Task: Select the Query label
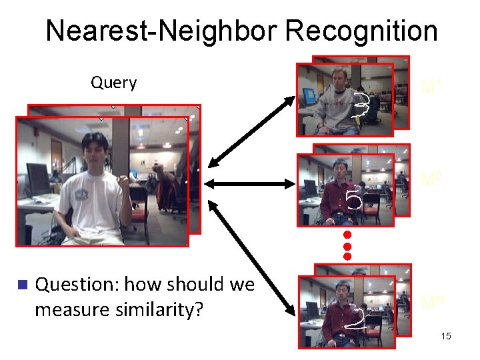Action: pos(114,83)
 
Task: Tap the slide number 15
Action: pos(446,336)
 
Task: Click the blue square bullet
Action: pos(21,285)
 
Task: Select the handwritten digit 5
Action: pos(354,199)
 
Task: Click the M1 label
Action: pos(430,87)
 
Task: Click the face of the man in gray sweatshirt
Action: pos(336,79)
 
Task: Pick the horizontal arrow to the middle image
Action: pos(249,183)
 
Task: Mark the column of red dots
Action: pos(347,245)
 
